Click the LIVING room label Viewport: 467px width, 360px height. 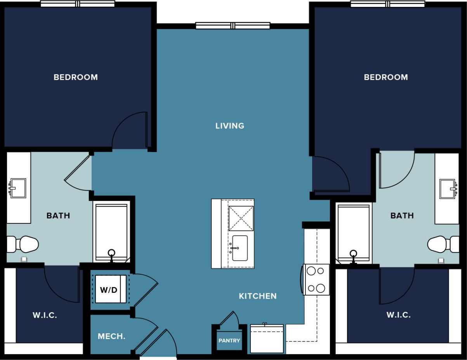click(x=230, y=126)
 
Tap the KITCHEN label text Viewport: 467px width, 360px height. click(x=257, y=296)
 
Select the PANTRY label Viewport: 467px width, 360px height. click(x=229, y=341)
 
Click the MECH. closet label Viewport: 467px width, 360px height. click(x=111, y=336)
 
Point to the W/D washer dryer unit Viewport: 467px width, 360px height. click(x=109, y=289)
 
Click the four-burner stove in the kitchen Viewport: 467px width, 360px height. click(x=316, y=279)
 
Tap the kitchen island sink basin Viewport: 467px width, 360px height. click(x=240, y=248)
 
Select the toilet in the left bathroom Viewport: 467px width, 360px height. click(x=24, y=244)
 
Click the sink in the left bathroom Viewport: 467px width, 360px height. click(x=18, y=188)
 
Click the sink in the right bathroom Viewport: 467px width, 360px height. click(x=447, y=189)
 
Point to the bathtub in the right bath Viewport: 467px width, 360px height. click(x=353, y=233)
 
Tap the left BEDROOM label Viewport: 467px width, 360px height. click(x=76, y=77)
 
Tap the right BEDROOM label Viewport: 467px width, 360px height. click(x=386, y=77)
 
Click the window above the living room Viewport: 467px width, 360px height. click(x=233, y=26)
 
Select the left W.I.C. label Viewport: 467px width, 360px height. click(x=45, y=315)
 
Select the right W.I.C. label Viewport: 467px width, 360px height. click(x=398, y=315)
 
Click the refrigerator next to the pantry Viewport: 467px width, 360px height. click(x=267, y=339)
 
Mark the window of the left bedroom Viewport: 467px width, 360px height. click(x=78, y=4)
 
